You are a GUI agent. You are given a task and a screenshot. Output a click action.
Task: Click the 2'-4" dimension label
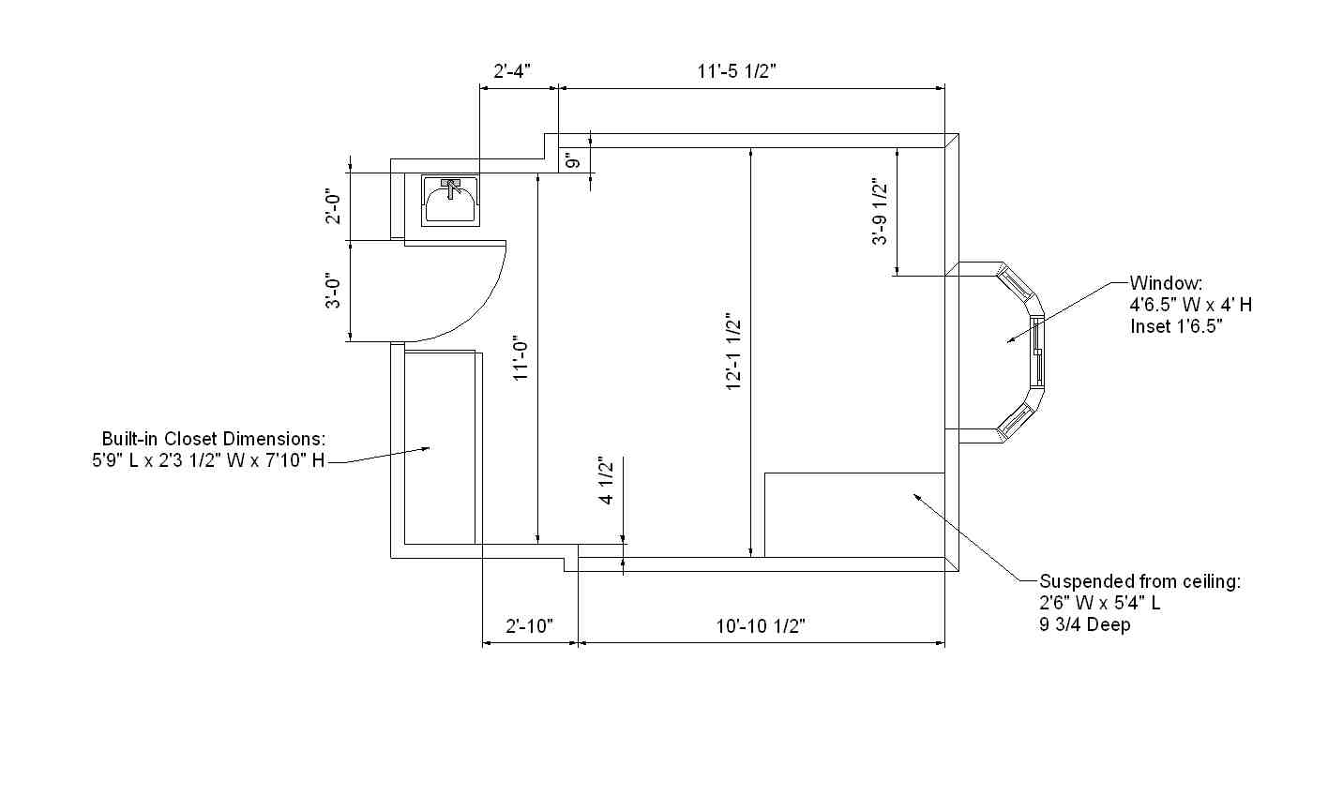coord(512,71)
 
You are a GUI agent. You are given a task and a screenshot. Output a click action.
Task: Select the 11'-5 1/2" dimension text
coord(737,71)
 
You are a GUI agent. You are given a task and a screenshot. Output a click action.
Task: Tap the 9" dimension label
coord(573,160)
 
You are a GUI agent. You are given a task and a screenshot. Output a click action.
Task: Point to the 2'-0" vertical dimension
coord(333,208)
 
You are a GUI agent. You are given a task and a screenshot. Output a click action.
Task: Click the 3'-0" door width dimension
coord(333,293)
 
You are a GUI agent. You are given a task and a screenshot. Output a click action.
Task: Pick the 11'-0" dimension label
coord(521,358)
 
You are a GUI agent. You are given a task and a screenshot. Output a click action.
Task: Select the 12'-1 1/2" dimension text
coord(733,352)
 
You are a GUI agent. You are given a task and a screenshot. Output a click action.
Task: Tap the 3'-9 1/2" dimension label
coord(880,211)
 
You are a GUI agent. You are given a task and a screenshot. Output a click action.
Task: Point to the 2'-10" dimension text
coord(529,626)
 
